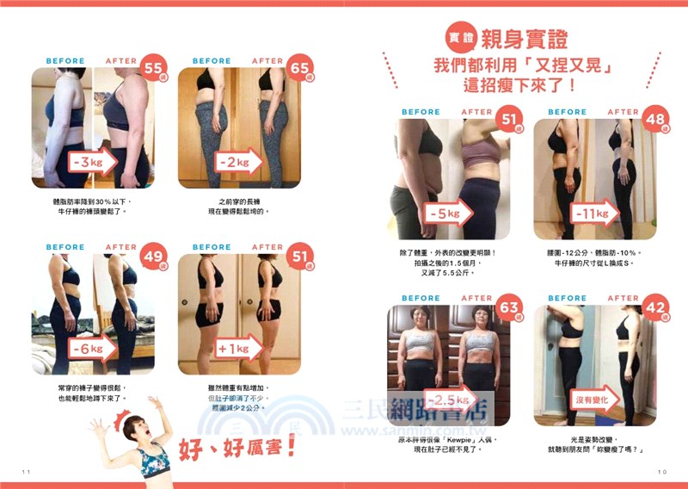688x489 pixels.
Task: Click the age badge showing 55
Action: coord(156,68)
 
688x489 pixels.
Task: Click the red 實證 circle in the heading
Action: coord(458,37)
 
